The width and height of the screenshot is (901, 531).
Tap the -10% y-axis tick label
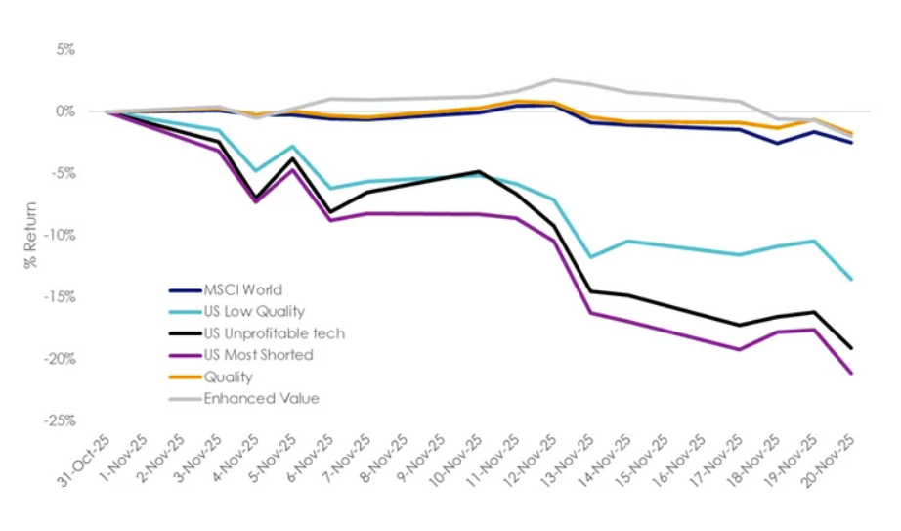[x=60, y=235]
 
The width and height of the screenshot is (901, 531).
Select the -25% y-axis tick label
[x=60, y=420]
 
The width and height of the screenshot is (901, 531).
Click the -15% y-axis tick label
[x=60, y=296]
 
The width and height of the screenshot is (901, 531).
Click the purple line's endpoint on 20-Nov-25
[x=852, y=374]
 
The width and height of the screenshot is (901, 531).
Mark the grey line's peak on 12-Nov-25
[x=553, y=79]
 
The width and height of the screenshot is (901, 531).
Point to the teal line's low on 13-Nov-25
[x=590, y=257]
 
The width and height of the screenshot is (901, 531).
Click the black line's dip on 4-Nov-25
[x=255, y=198]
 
